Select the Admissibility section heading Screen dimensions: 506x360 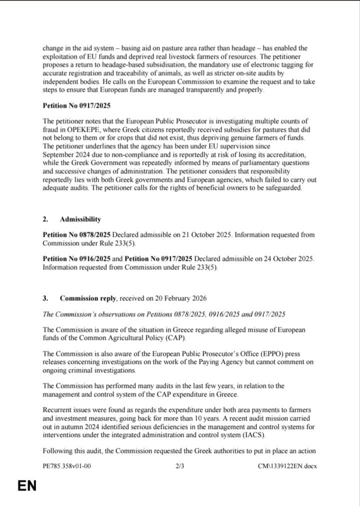80,219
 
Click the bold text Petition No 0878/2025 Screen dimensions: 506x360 76,235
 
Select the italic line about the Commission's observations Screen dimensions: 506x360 164,314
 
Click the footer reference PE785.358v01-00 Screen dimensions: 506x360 67,466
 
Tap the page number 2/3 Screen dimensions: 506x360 180,466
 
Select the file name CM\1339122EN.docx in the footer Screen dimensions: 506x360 287,466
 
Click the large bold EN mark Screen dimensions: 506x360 27,486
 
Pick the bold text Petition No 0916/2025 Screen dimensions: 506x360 76,259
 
